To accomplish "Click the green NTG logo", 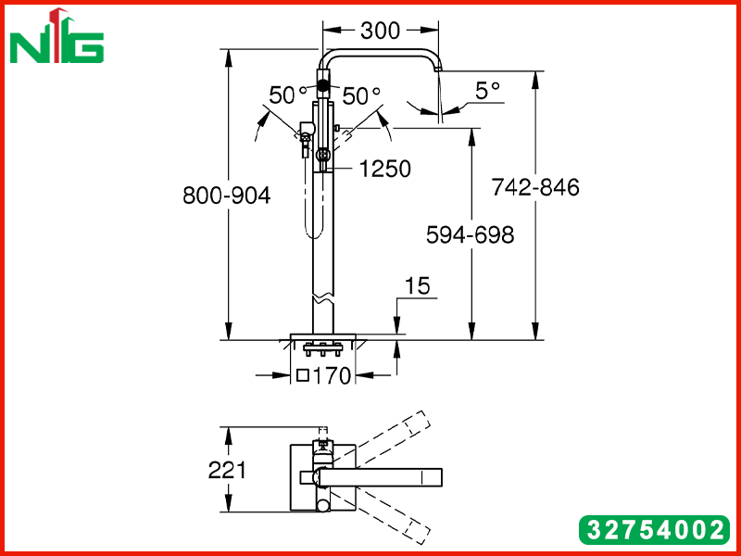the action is [x=57, y=36].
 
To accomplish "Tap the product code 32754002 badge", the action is [x=655, y=530].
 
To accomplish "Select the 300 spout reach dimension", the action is [x=380, y=31].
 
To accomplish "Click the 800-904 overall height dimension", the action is [x=227, y=196].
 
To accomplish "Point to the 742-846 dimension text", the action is [x=535, y=187].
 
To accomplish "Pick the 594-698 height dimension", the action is [x=470, y=235].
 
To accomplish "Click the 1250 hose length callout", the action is [x=385, y=169].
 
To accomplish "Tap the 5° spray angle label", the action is [x=487, y=91].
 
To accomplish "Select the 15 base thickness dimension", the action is [x=418, y=286].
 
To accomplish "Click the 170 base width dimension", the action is [x=333, y=376].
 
